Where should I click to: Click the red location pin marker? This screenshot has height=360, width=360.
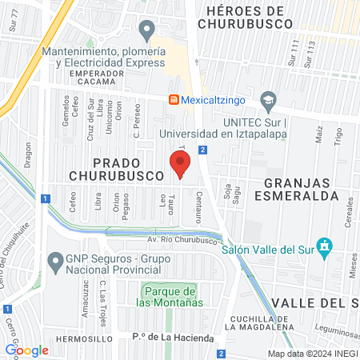coord(179,166)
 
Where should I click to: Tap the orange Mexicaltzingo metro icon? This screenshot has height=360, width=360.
coord(173,99)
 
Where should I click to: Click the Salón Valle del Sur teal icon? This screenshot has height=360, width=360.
coord(324,246)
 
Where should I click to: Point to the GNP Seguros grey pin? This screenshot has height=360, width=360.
coord(55,261)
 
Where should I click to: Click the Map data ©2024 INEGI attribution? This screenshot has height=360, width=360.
coord(311,353)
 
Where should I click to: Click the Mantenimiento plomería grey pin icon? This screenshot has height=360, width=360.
coord(146,31)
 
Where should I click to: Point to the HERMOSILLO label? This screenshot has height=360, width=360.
coord(79,339)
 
